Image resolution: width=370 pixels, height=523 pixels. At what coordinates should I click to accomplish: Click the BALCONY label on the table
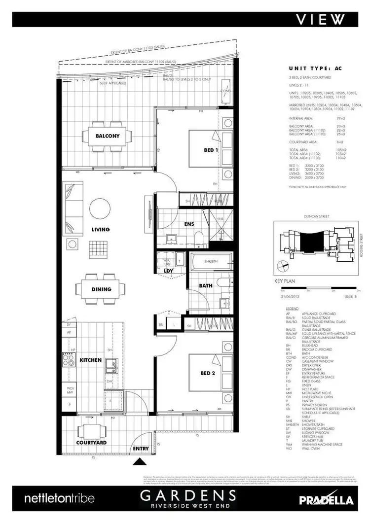coord(108,136)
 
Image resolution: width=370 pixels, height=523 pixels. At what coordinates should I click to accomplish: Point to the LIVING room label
coord(100,229)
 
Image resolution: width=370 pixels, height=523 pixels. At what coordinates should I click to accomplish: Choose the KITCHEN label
coord(91,360)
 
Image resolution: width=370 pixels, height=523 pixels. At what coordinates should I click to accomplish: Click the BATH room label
coord(206,285)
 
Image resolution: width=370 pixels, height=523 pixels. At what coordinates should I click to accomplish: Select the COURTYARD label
coord(92,443)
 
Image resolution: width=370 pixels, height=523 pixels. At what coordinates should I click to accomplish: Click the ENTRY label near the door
coord(141,449)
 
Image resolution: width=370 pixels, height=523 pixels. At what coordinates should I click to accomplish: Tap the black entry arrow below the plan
coord(141,462)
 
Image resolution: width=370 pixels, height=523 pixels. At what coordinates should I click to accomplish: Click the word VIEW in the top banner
coord(321,19)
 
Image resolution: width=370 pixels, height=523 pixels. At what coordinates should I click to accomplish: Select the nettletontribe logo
coord(59,499)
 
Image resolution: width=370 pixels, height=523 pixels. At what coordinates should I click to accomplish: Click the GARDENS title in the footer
coord(188,495)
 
